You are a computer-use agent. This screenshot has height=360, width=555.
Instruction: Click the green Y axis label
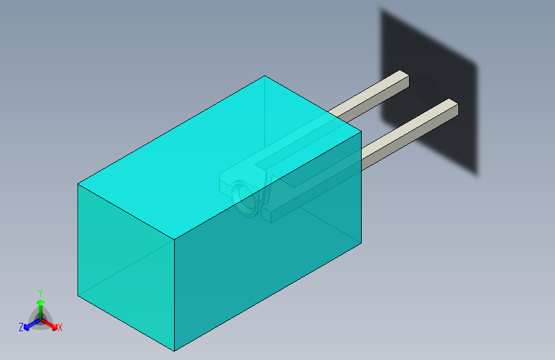40,291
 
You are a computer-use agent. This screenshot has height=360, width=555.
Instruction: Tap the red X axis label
60,328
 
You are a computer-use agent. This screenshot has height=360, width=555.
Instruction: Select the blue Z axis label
21,327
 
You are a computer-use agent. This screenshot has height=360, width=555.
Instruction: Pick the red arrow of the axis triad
51,323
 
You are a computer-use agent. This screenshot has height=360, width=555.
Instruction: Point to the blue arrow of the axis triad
29,323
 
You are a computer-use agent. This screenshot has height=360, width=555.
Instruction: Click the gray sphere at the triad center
40,318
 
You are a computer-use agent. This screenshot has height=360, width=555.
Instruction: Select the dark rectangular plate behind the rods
442,70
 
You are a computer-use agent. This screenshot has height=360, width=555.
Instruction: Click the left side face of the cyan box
125,256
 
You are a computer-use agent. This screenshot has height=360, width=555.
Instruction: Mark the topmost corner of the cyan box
265,76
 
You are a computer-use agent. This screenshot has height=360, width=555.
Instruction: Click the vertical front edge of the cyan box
175,295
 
